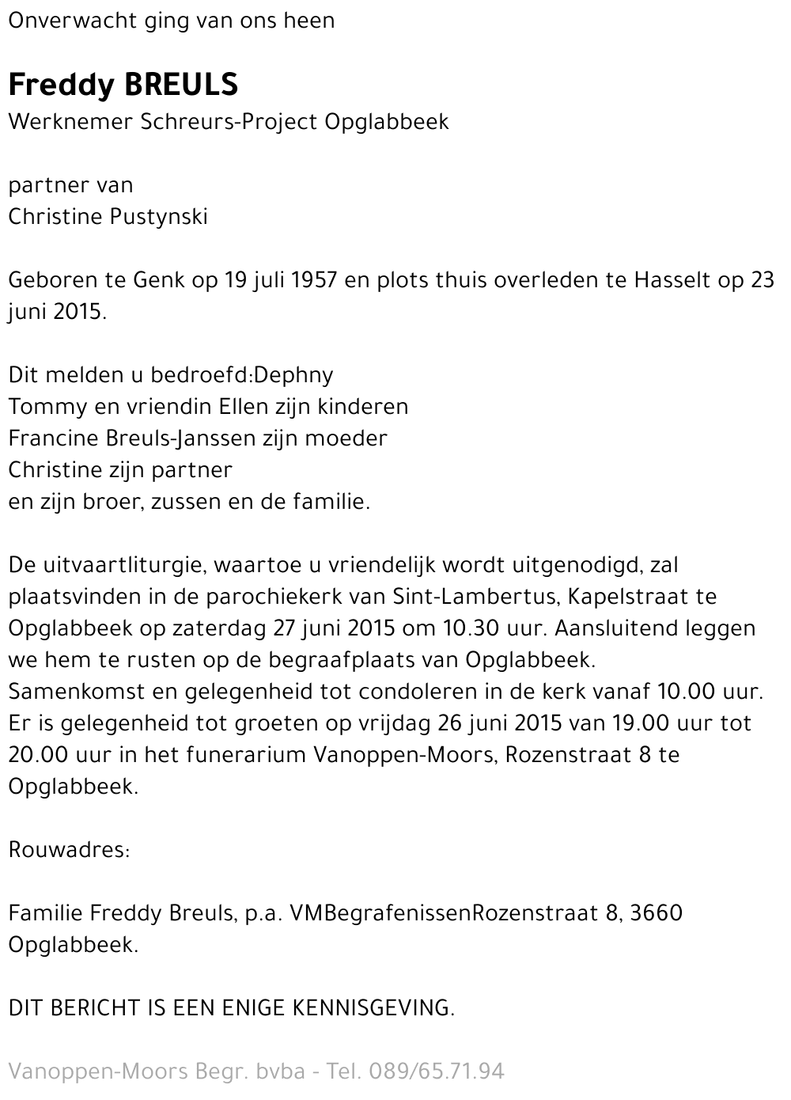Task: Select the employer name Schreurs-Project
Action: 229,122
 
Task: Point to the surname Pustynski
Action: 158,217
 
